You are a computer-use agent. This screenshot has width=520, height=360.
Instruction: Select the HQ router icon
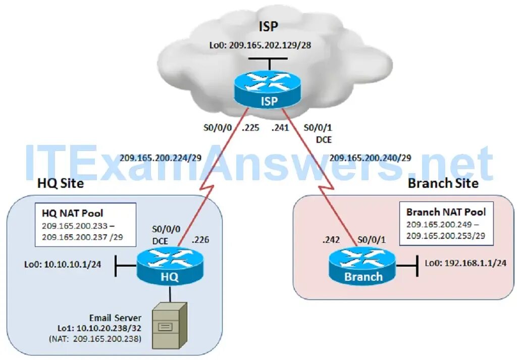(x=169, y=268)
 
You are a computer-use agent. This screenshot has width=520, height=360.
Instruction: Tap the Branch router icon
(x=363, y=268)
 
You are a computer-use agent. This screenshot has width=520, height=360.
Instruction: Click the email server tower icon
(x=170, y=325)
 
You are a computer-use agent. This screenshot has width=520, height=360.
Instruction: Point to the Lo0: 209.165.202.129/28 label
(x=260, y=45)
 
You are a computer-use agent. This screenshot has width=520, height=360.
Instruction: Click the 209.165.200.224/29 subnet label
(x=161, y=158)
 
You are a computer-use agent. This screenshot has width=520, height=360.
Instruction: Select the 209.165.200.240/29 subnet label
(x=370, y=158)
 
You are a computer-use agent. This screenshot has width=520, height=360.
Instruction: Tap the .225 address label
(x=250, y=128)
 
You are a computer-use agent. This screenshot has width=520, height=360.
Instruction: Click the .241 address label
(x=280, y=128)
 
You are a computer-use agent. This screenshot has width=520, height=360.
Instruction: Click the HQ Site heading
(x=61, y=183)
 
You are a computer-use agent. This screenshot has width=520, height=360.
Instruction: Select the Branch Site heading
(x=443, y=183)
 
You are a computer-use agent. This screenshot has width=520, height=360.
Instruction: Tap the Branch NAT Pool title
(x=446, y=212)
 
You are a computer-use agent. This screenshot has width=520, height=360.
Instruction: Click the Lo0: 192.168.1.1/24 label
(x=465, y=263)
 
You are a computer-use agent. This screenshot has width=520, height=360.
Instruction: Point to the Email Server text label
(x=115, y=318)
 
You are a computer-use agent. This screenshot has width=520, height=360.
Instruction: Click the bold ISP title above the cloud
(x=269, y=26)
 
